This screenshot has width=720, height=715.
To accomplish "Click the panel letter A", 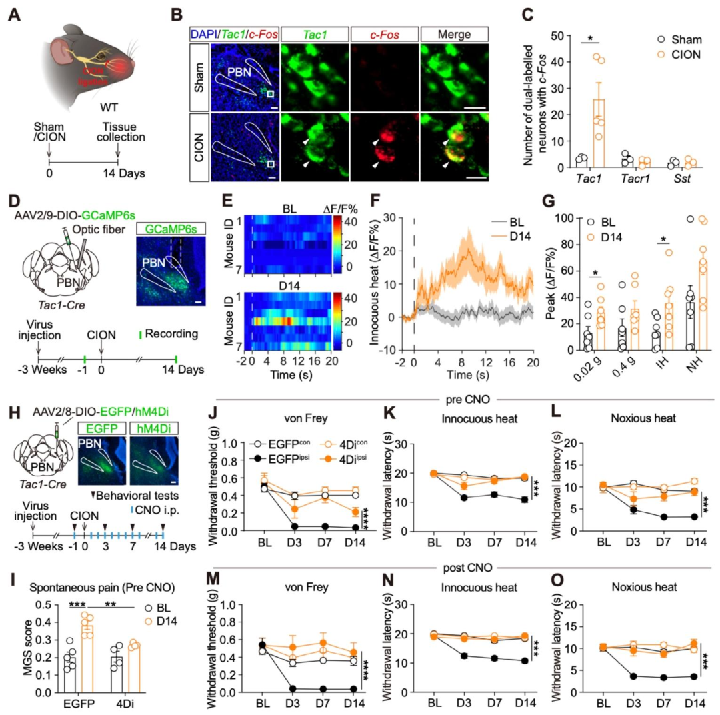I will coord(15,13).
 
